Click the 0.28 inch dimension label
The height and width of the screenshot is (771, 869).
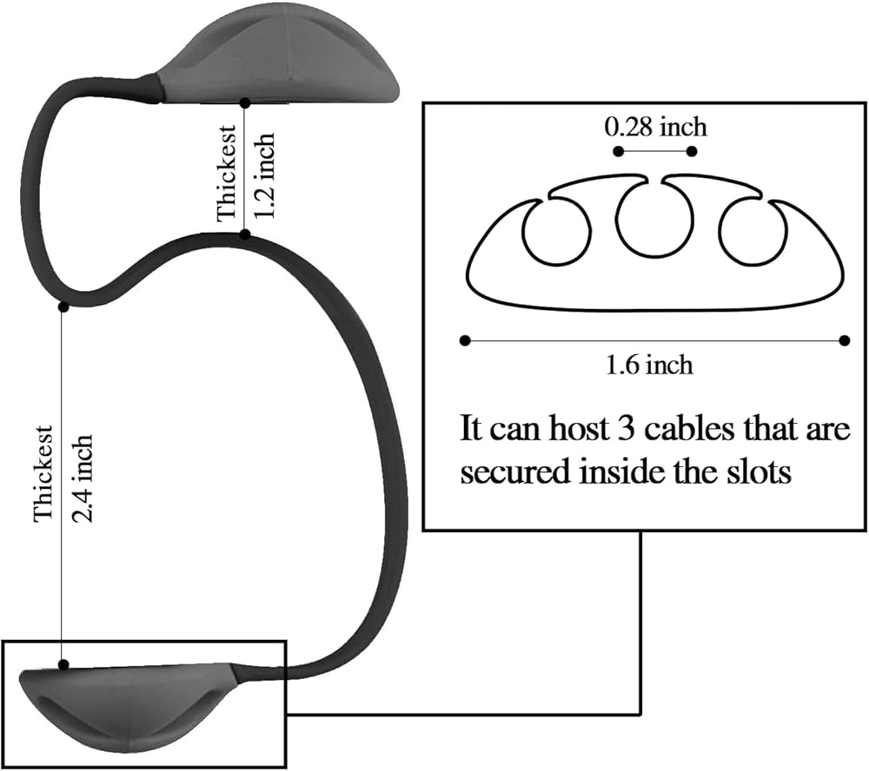(x=655, y=127)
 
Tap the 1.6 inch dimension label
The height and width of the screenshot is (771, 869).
(x=649, y=365)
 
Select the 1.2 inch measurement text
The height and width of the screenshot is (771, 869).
(x=264, y=175)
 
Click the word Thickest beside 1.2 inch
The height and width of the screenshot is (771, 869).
(x=227, y=174)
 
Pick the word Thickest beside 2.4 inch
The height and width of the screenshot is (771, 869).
(x=43, y=473)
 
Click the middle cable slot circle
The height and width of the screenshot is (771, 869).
(x=656, y=220)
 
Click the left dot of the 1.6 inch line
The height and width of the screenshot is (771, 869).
(x=466, y=340)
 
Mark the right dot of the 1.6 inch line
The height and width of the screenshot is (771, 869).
(x=845, y=340)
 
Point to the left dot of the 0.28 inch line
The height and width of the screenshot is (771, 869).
(x=619, y=151)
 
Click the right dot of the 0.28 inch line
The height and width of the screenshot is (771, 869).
(x=692, y=151)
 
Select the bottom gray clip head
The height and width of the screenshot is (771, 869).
(x=128, y=704)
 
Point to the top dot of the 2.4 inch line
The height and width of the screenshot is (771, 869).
(x=63, y=306)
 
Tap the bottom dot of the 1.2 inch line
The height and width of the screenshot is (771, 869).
(x=244, y=234)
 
